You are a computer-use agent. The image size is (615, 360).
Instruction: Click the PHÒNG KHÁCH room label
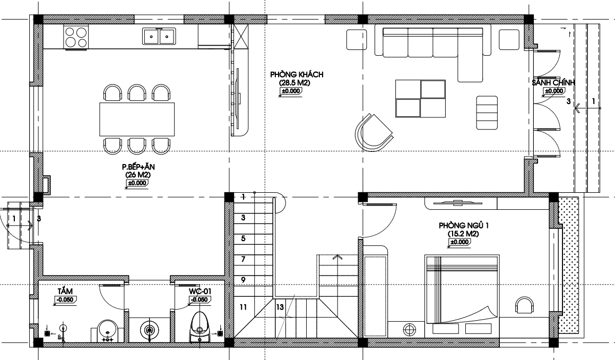[x=297, y=74]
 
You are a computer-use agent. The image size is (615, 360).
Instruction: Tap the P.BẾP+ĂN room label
[x=138, y=167]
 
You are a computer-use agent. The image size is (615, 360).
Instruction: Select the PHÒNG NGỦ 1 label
[x=464, y=226]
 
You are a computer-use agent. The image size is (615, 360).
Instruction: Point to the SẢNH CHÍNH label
[x=553, y=82]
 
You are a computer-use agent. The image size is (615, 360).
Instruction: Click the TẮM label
[x=65, y=291]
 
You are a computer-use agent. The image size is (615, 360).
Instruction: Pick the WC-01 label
[x=200, y=292]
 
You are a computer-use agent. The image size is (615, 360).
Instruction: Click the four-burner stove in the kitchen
[x=76, y=37]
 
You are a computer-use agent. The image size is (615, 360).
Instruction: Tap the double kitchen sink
[x=159, y=36]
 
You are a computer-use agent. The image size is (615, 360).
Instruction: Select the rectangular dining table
[x=137, y=119]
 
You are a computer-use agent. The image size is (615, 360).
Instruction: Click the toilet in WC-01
[x=200, y=327]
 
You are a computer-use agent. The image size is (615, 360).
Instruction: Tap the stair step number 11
[x=243, y=307]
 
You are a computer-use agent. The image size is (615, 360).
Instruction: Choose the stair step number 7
[x=243, y=259]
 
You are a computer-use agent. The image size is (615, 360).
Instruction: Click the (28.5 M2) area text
[x=294, y=83]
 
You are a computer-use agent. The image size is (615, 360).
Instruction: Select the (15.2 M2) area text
[x=463, y=234]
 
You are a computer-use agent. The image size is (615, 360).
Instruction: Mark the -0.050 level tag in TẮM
[x=65, y=299]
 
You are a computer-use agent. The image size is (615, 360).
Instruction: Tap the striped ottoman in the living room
[x=487, y=113]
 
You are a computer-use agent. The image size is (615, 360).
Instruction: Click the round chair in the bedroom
[x=524, y=305]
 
